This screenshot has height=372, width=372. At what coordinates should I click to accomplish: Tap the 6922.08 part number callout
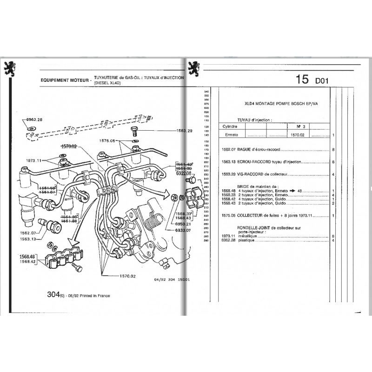point(183,173)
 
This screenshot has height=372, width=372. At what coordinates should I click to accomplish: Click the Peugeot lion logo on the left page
point(10,68)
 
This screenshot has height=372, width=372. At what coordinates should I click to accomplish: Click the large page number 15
point(301,80)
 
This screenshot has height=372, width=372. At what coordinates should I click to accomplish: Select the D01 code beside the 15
point(321,81)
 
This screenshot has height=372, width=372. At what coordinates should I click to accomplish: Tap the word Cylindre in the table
point(232,126)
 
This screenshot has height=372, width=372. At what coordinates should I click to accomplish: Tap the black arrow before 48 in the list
point(292,191)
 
